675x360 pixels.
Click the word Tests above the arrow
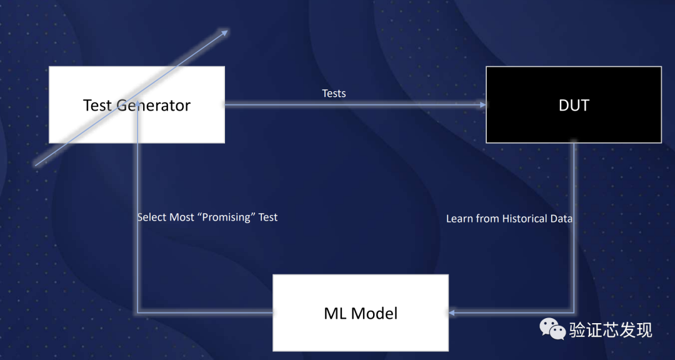coord(334,93)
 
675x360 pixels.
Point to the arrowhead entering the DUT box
coord(482,105)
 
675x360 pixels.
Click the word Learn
coord(459,219)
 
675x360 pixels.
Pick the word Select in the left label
coord(152,217)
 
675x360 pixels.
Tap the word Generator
coord(154,105)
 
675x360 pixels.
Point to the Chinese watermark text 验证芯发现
coord(610,329)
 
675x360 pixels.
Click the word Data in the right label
coord(561,219)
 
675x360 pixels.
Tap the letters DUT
coord(573,105)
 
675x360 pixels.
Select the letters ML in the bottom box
coord(334,313)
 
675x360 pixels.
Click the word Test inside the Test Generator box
coord(97,105)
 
